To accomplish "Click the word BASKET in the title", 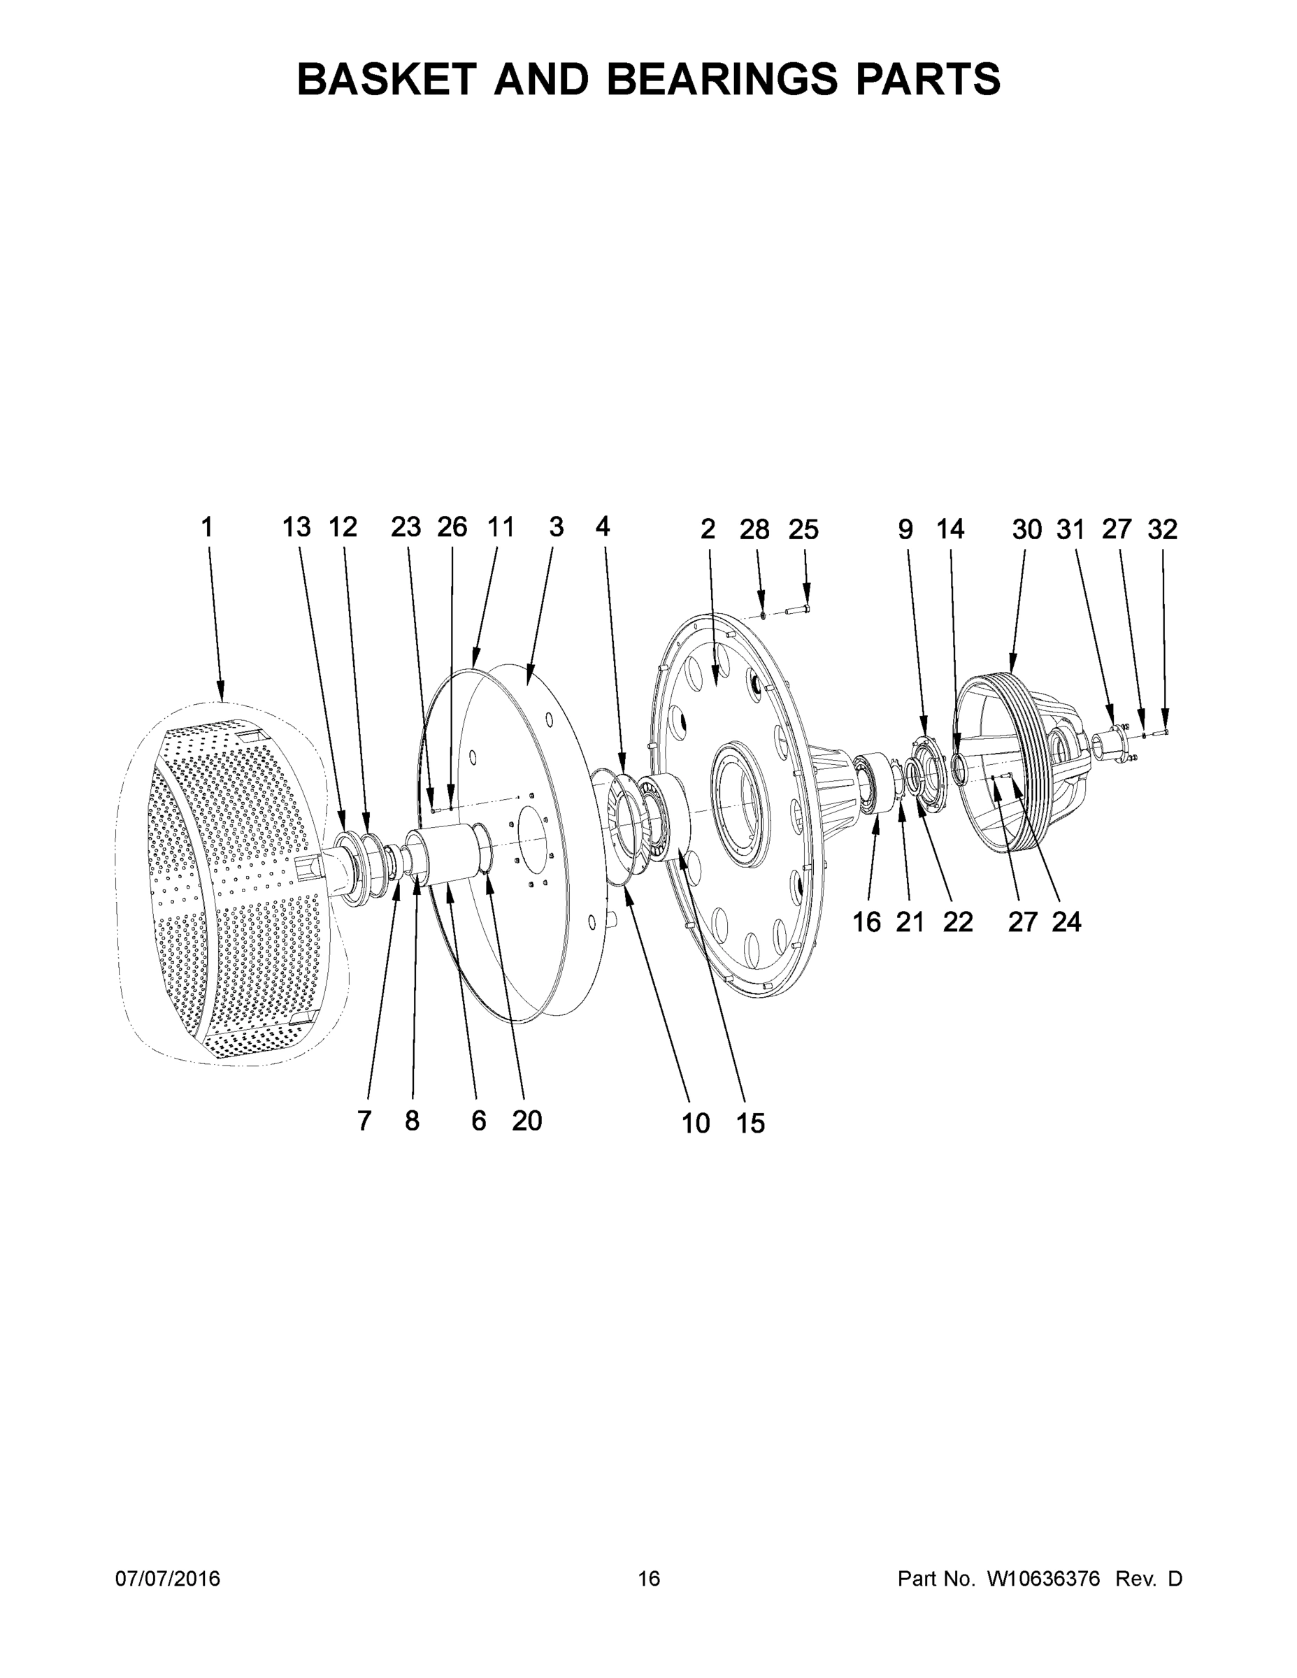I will [x=385, y=79].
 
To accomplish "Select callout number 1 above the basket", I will [x=207, y=528].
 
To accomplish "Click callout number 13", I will [x=296, y=528].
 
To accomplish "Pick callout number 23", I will [x=406, y=528].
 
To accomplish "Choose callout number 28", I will [x=754, y=529].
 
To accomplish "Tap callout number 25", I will [x=803, y=529].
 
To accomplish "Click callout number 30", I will [x=1026, y=529].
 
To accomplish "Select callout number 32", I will [x=1162, y=529].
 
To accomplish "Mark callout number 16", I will [x=867, y=922].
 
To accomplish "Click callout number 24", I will [x=1066, y=922].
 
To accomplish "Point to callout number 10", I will [x=696, y=1124].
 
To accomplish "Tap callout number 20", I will [x=527, y=1121].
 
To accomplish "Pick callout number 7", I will [x=364, y=1121].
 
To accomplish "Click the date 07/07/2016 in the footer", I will [x=168, y=1578].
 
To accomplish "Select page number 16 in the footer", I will [x=649, y=1578].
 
